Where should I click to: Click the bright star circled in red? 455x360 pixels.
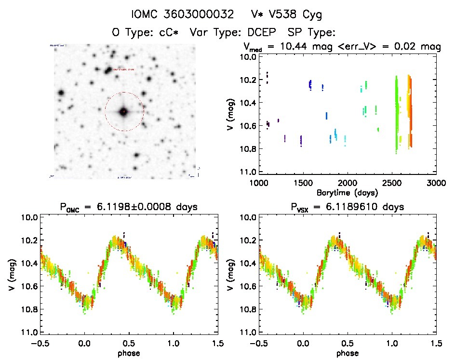point(124,112)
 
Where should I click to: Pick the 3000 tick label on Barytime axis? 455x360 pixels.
point(436,183)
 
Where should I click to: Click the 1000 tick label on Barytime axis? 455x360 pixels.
point(259,183)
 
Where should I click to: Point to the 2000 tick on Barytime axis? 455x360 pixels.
point(348,183)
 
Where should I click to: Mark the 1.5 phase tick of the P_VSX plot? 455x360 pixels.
point(436,343)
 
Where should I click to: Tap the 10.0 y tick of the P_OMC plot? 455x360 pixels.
point(30,217)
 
